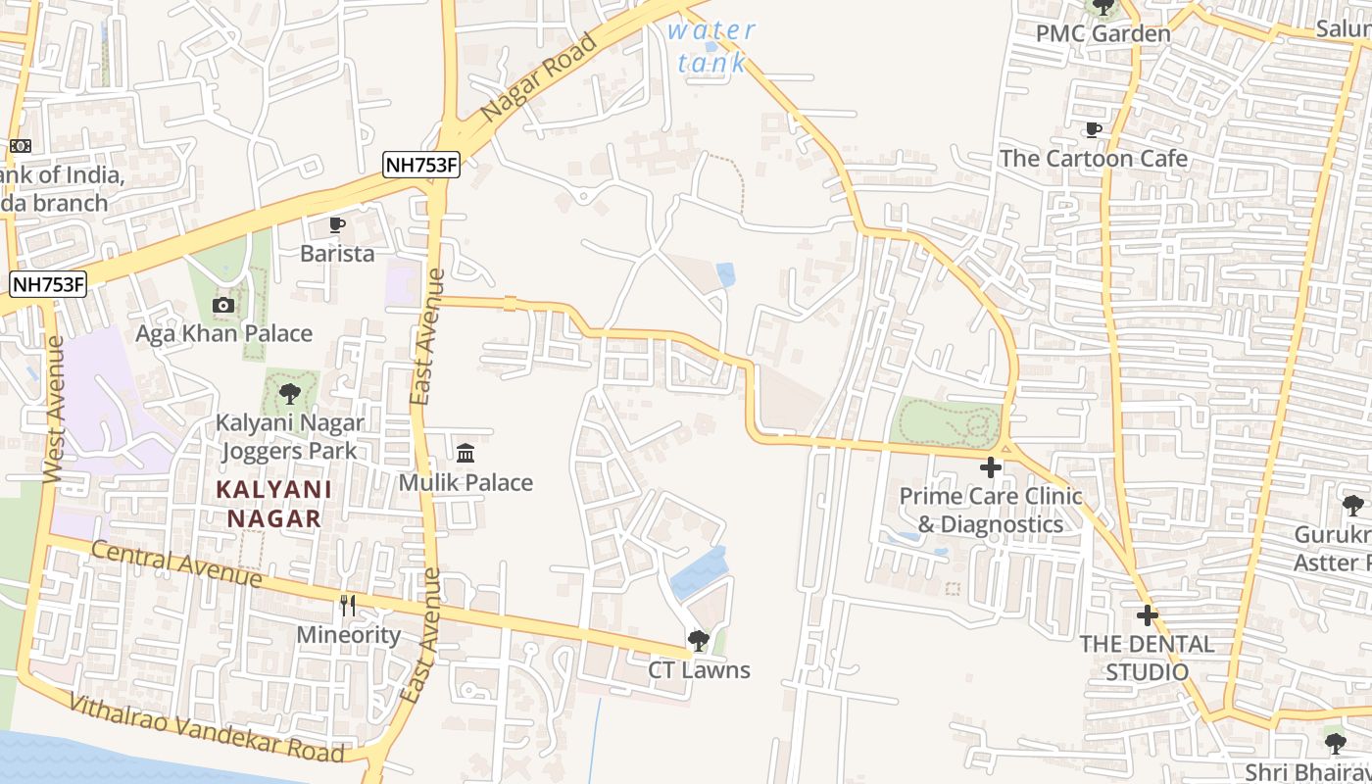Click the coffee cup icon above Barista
(x=337, y=225)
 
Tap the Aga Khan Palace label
(x=223, y=333)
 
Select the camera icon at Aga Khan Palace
(x=223, y=305)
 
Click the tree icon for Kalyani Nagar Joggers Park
(x=289, y=394)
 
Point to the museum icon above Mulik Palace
(x=465, y=453)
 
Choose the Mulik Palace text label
(x=465, y=482)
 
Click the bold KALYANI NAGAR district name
(x=273, y=504)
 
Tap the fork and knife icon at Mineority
(x=348, y=605)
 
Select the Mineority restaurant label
(x=349, y=635)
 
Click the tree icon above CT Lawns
(x=699, y=641)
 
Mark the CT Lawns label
(x=699, y=670)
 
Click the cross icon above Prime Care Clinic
(x=991, y=467)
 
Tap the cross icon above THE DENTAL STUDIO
(x=1147, y=615)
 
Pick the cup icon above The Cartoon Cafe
(x=1094, y=129)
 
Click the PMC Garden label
(x=1103, y=33)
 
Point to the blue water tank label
(x=711, y=46)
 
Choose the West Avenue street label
(x=54, y=409)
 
